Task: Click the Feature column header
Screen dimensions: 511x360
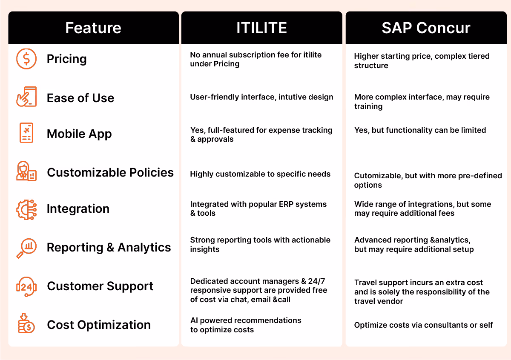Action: tap(93, 28)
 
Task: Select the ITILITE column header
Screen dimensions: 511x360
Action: tap(261, 28)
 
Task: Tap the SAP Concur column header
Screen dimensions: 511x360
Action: tap(426, 28)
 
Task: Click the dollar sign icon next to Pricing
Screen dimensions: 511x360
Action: tap(26, 59)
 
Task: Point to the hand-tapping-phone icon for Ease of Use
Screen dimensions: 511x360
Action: tap(26, 97)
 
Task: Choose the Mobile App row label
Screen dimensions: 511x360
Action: tap(79, 134)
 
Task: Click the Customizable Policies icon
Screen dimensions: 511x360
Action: tap(26, 171)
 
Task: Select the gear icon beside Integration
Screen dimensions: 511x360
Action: tap(26, 210)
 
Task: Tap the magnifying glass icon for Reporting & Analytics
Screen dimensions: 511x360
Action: tap(26, 248)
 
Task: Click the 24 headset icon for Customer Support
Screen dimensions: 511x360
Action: tap(26, 286)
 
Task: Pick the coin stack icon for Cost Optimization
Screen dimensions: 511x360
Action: tap(26, 323)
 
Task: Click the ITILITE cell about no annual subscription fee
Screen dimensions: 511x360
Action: tap(256, 59)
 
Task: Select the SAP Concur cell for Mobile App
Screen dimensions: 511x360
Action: tap(420, 130)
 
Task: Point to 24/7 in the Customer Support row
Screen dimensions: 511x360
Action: tap(316, 281)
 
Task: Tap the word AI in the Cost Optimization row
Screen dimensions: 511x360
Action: tap(194, 320)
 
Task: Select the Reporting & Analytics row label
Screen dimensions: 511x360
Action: tap(109, 248)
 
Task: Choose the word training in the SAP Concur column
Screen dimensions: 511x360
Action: tap(368, 107)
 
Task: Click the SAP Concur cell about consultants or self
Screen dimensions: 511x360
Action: tap(423, 325)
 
